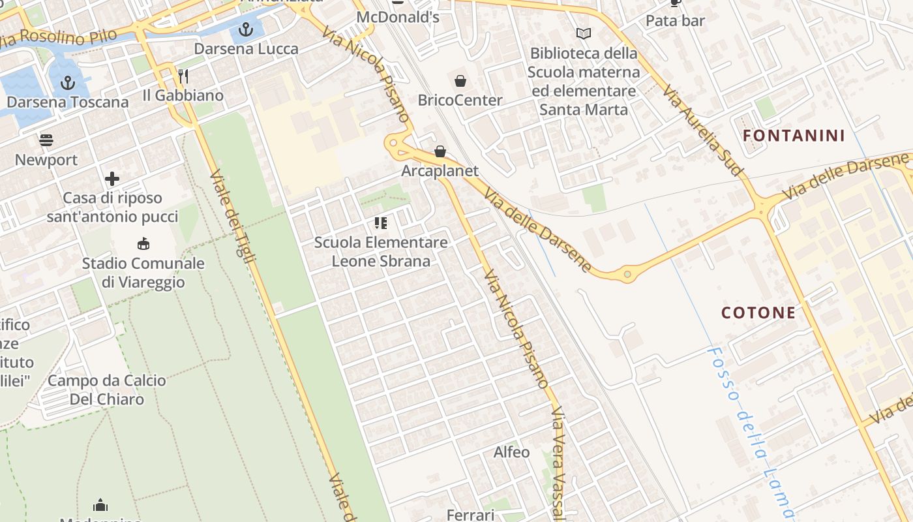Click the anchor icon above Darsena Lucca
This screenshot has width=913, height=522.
pyautogui.click(x=246, y=29)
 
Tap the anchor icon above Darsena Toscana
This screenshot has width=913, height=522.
pyautogui.click(x=68, y=83)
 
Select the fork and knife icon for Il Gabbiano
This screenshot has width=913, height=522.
pyautogui.click(x=183, y=76)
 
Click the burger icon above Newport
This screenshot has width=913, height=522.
pyautogui.click(x=46, y=140)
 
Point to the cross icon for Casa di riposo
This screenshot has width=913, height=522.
pyautogui.click(x=112, y=178)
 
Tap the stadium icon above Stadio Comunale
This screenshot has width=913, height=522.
pyautogui.click(x=143, y=244)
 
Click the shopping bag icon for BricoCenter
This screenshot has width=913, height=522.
pyautogui.click(x=460, y=81)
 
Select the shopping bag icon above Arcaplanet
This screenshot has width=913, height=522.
pyautogui.click(x=440, y=151)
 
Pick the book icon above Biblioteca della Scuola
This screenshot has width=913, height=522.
pyautogui.click(x=583, y=33)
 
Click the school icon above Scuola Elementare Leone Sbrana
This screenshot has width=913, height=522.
pyautogui.click(x=381, y=223)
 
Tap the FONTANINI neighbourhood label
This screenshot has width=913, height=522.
pyautogui.click(x=794, y=136)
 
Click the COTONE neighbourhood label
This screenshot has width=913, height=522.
pyautogui.click(x=758, y=313)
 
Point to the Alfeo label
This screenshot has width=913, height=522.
pyautogui.click(x=511, y=452)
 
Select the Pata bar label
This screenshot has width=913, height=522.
pyautogui.click(x=675, y=21)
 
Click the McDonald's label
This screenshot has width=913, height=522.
pyautogui.click(x=398, y=17)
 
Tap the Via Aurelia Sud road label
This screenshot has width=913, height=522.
pyautogui.click(x=703, y=129)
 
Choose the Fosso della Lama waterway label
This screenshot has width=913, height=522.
pyautogui.click(x=750, y=431)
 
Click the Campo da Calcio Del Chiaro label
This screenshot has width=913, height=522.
pyautogui.click(x=107, y=390)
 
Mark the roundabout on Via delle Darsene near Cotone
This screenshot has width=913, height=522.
pyautogui.click(x=627, y=275)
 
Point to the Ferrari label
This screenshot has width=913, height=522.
pyautogui.click(x=470, y=515)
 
